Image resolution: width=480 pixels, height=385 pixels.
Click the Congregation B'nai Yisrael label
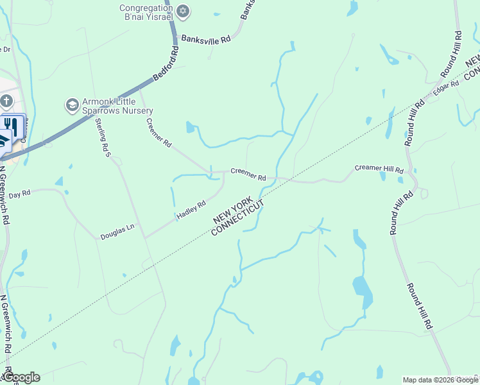coord(146,12)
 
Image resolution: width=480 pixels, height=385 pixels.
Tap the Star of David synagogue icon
coord(184,10)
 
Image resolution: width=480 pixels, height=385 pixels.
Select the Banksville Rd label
coord(205,38)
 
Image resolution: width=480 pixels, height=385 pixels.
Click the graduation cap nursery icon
coord(72,104)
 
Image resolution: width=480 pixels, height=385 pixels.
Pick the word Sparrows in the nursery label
coord(101,110)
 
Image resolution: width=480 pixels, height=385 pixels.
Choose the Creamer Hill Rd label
coord(379,169)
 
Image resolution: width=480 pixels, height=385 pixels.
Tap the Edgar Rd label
coord(446,87)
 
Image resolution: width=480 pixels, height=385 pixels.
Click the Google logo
coord(21,377)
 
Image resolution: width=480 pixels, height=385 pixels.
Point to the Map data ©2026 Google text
coord(440,380)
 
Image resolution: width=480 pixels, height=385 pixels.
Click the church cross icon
coord(6,101)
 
